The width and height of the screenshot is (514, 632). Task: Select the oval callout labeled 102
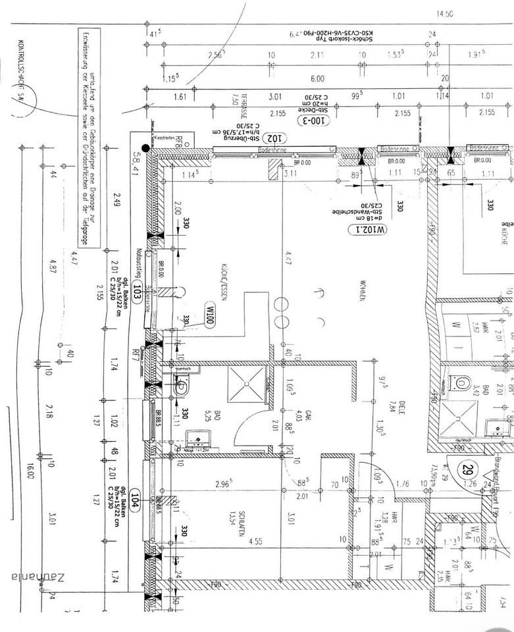pos(271,138)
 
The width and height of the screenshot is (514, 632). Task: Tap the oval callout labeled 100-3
pos(315,120)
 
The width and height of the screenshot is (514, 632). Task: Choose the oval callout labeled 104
pos(136,498)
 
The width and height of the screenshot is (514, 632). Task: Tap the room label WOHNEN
pos(361,290)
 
